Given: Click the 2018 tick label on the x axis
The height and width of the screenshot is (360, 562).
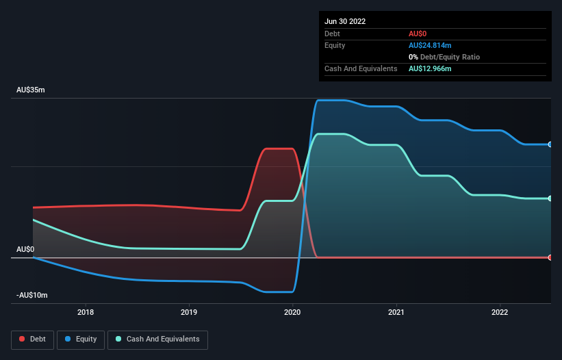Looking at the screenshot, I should click(86, 313).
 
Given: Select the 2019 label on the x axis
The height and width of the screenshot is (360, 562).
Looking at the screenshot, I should click(189, 313).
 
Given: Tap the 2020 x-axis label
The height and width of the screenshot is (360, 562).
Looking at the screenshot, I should click(292, 313).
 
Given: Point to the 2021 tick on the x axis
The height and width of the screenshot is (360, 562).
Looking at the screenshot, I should click(397, 313).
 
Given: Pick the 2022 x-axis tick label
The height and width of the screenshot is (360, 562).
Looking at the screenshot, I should click(500, 313).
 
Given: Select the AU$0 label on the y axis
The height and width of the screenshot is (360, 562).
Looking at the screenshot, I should click(25, 249).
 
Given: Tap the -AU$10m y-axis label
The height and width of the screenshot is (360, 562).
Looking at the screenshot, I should click(33, 295).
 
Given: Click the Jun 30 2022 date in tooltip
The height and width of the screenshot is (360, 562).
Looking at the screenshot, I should click(345, 21).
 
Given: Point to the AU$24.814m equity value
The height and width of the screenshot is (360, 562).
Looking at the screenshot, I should click(430, 45).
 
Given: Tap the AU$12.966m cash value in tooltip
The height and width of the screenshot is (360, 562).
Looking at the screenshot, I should click(430, 68).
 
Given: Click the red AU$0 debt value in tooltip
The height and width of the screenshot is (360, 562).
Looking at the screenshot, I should click(418, 34).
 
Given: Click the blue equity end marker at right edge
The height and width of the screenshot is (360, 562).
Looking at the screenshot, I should click(550, 144).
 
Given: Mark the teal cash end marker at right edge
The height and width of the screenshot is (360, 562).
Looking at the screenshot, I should click(550, 198).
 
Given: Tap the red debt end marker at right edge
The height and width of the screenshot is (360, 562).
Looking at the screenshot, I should click(550, 257).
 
